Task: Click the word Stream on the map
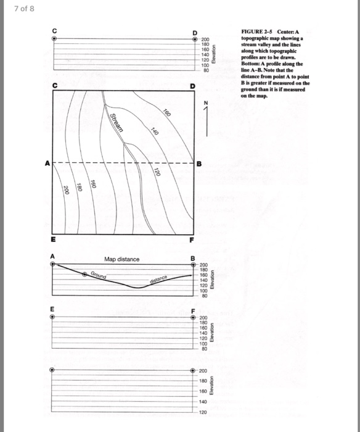117,123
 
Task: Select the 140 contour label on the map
155,131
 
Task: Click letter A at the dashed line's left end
46,164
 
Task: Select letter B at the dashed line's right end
198,164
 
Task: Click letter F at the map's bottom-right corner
192,239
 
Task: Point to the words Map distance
122,259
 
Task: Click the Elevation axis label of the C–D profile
215,56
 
